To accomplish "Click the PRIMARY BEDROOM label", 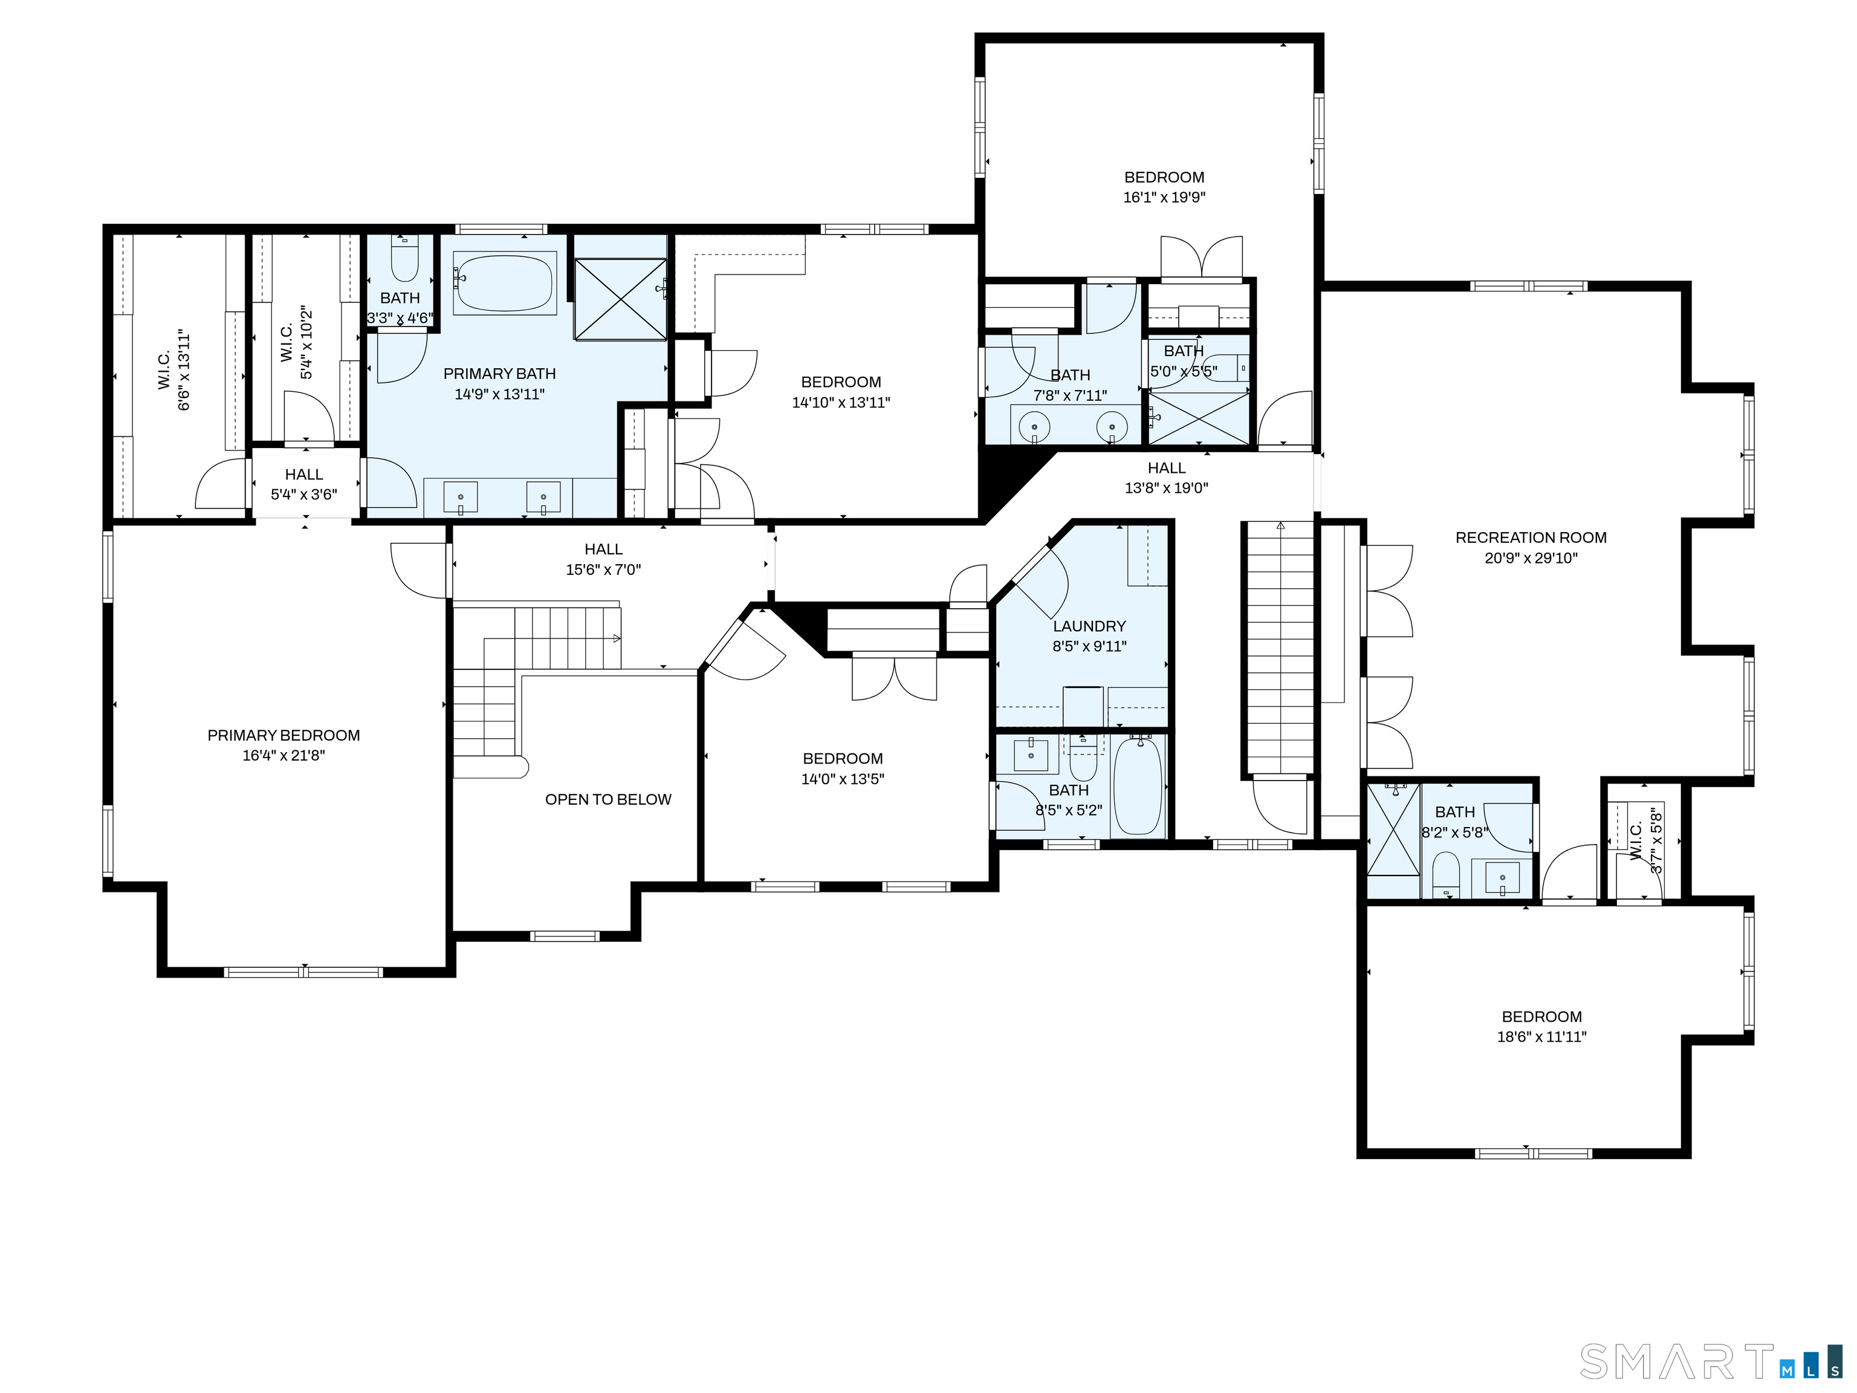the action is [284, 736].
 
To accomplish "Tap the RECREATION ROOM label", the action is [1531, 538].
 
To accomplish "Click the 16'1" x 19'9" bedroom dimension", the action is [1164, 197].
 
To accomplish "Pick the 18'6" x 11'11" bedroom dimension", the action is [1542, 1037].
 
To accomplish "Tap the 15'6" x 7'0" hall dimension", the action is [604, 570].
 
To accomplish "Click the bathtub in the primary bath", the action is [505, 284].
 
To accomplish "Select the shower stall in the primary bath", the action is [620, 299].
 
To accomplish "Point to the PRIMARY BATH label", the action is [499, 374].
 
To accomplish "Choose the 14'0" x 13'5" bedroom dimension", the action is [843, 779].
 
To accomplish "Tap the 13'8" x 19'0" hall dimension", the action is [1167, 488].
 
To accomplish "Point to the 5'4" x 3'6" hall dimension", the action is [304, 495].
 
